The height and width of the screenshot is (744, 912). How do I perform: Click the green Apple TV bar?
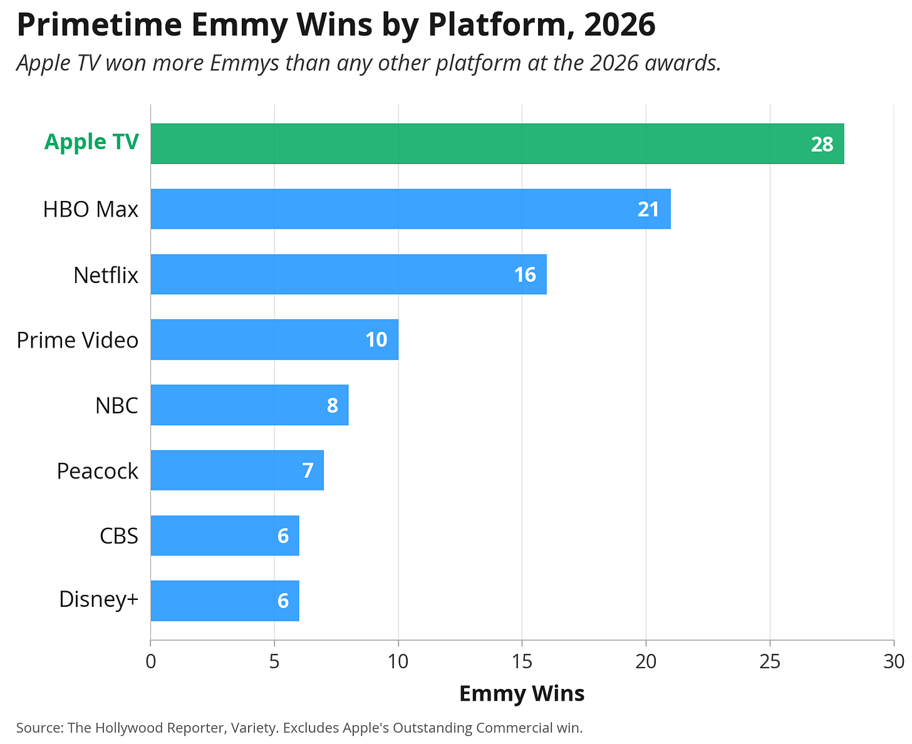[497, 143]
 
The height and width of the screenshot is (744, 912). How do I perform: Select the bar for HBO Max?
[410, 209]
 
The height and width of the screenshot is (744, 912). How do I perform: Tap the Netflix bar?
[348, 274]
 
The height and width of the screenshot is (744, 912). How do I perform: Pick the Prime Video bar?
[274, 339]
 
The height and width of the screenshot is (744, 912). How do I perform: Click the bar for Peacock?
[237, 470]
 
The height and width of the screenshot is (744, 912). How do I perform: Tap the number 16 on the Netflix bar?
[524, 274]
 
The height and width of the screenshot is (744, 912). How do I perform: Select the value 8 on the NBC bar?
[332, 405]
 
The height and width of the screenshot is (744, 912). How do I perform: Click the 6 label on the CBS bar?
[282, 535]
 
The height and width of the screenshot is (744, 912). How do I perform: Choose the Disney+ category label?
[98, 599]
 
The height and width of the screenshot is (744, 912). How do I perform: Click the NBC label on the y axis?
[117, 405]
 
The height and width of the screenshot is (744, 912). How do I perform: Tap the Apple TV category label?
[91, 142]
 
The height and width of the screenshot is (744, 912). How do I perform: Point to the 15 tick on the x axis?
[522, 661]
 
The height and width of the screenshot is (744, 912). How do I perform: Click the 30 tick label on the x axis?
[893, 661]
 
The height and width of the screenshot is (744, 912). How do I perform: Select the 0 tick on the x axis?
[150, 661]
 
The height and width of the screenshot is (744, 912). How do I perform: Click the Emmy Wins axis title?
[521, 693]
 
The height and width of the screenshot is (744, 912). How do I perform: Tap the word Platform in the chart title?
[500, 24]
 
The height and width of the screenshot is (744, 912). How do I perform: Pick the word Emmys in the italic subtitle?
[244, 63]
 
